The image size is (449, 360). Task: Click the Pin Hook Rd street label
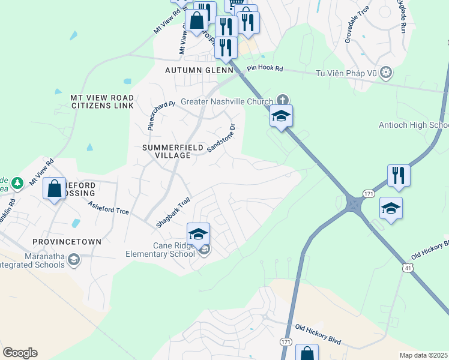pyautogui.click(x=266, y=69)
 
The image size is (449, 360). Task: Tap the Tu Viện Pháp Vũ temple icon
pyautogui.click(x=387, y=73)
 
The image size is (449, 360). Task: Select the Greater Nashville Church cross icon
pyautogui.click(x=283, y=100)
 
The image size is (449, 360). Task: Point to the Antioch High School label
pyautogui.click(x=414, y=125)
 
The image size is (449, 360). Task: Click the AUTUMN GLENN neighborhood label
pyautogui.click(x=198, y=71)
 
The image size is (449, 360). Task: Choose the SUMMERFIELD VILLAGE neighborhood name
pyautogui.click(x=166, y=151)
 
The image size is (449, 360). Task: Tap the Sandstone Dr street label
pyautogui.click(x=223, y=138)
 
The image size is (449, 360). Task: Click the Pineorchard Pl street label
pyautogui.click(x=161, y=115)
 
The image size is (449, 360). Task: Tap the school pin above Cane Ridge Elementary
pyautogui.click(x=199, y=234)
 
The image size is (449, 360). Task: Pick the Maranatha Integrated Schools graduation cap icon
pyautogui.click(x=73, y=259)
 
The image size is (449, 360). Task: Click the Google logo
pyautogui.click(x=20, y=352)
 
